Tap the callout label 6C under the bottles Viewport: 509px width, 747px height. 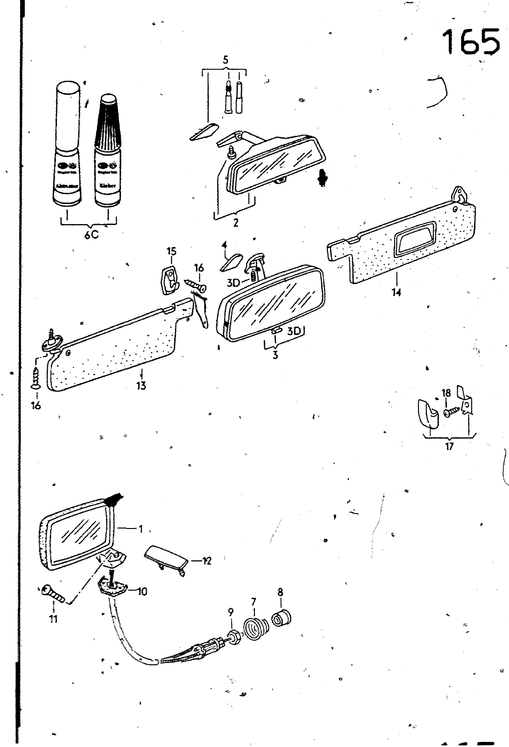pyautogui.click(x=92, y=235)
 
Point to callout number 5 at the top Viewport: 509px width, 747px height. pyautogui.click(x=226, y=60)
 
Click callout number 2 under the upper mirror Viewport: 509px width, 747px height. pyautogui.click(x=236, y=223)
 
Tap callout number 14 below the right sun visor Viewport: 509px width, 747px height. pyautogui.click(x=396, y=292)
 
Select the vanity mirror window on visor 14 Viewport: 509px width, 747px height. pyautogui.click(x=415, y=239)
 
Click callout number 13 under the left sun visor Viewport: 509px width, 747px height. pyautogui.click(x=141, y=385)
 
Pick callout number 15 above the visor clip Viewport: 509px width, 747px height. pyautogui.click(x=171, y=252)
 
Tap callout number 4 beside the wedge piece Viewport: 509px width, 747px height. pyautogui.click(x=224, y=245)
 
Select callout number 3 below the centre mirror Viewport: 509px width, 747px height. pyautogui.click(x=276, y=355)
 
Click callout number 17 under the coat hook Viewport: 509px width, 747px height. pyautogui.click(x=449, y=446)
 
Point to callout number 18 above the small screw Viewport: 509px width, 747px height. pyautogui.click(x=446, y=393)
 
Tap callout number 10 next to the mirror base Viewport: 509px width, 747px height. pyautogui.click(x=142, y=592)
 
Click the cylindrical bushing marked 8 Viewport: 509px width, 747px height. pyautogui.click(x=282, y=618)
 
